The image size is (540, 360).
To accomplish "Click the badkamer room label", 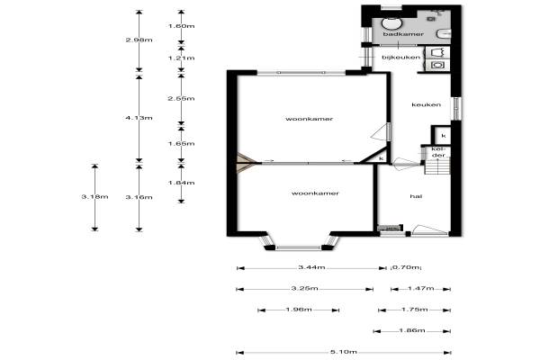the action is tap(403, 34).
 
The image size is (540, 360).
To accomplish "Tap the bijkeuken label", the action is tap(401, 58).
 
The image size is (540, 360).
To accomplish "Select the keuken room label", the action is tap(427, 104).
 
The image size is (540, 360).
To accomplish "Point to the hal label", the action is tap(416, 196).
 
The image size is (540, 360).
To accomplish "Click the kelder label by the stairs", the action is tap(438, 152).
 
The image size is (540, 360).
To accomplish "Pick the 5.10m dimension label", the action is tap(344, 352).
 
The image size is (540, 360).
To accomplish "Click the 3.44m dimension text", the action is tap(311, 267).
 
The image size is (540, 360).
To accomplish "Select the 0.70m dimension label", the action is tap(407, 267).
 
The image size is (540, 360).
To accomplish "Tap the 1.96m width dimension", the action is tap(299, 310).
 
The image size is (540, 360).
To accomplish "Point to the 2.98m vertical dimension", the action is tap(139, 40).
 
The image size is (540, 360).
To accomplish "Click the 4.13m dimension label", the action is tap(139, 118).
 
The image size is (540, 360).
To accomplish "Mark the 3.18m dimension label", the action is tap(95, 197).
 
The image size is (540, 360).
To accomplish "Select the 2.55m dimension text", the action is tap(182, 98).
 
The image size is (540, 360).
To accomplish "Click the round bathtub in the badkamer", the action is tap(391, 23).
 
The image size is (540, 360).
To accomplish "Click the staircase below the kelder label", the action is tap(438, 167).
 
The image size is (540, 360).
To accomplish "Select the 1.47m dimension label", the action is tap(421, 288).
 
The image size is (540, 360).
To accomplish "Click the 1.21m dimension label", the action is tap(182, 58).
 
